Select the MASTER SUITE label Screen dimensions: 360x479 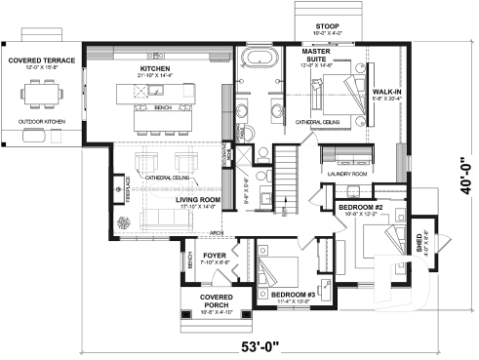pos(320,57)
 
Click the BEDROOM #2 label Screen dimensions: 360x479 pos(359,208)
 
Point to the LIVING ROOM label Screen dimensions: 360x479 pos(198,202)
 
